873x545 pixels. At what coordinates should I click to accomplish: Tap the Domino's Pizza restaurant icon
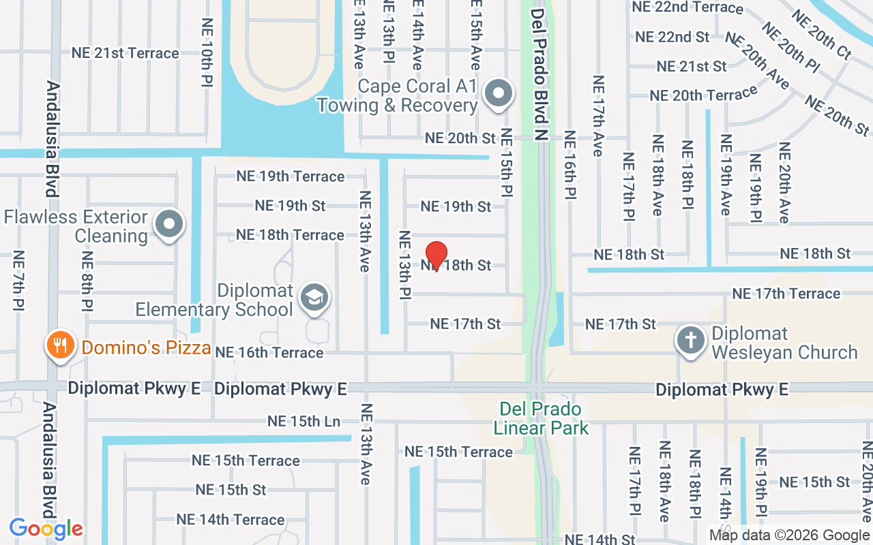click(x=61, y=346)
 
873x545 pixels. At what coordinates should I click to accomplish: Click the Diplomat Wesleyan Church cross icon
click(x=691, y=339)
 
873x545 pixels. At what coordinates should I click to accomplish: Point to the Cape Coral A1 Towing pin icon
click(x=499, y=94)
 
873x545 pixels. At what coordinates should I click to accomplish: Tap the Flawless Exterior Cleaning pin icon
click(x=168, y=224)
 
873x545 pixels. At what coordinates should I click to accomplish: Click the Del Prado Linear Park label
click(x=540, y=418)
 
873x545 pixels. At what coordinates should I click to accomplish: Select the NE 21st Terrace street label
click(x=125, y=53)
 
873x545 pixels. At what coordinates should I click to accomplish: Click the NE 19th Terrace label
click(x=291, y=176)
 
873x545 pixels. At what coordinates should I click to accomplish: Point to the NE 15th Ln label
click(x=304, y=421)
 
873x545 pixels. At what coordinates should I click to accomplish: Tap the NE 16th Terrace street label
click(x=269, y=352)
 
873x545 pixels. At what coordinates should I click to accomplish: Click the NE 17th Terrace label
click(x=786, y=294)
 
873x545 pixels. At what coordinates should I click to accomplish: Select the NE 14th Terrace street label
click(x=231, y=519)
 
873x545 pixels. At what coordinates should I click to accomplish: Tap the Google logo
click(x=46, y=528)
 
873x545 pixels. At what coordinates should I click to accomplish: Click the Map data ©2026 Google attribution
click(x=789, y=535)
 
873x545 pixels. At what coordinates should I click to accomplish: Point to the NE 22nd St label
click(x=672, y=37)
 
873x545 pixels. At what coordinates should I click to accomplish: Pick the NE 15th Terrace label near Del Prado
click(x=458, y=452)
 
